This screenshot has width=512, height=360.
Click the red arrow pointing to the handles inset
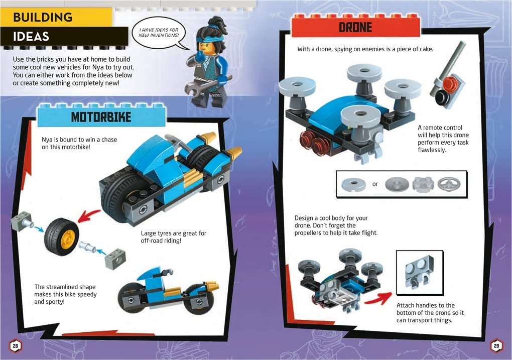click(x=378, y=296)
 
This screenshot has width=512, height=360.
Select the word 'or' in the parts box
click(x=375, y=184)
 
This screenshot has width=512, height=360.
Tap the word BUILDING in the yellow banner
click(x=43, y=17)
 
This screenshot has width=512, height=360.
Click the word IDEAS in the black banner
click(x=31, y=37)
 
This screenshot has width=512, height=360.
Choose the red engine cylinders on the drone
click(x=313, y=141)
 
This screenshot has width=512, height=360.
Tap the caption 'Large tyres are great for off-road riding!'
click(x=173, y=237)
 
